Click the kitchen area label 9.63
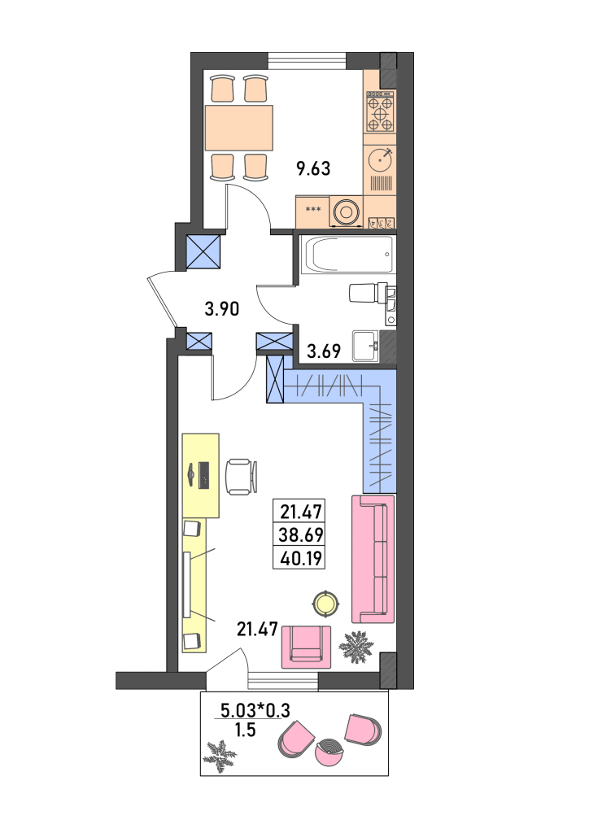tap(313, 168)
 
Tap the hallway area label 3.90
tap(222, 308)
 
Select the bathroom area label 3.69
tap(324, 351)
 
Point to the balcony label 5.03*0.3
tap(255, 709)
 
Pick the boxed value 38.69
tap(301, 535)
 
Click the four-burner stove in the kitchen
tap(381, 111)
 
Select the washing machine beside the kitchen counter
tap(347, 212)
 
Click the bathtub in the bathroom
tap(347, 254)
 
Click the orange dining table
tap(239, 128)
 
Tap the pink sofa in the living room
tap(373, 559)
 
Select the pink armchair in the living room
tap(307, 647)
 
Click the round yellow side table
tap(325, 604)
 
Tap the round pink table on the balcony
tap(329, 752)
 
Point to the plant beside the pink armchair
tap(357, 647)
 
